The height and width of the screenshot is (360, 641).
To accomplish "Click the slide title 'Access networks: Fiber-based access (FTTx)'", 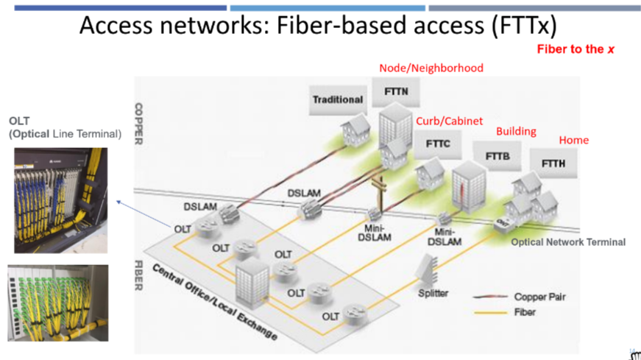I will tap(319, 27).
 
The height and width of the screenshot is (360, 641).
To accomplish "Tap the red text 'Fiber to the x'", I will tap(575, 49).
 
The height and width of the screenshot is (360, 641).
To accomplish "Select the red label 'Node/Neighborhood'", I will tap(431, 68).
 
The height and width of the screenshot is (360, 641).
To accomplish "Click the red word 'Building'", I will tap(516, 131).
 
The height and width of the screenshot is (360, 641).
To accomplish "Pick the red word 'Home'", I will tap(574, 140).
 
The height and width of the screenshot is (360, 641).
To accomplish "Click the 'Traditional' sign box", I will tap(338, 99).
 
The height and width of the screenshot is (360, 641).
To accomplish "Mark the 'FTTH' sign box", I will tap(553, 163).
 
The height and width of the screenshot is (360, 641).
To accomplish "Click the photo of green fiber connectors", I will tap(58, 303).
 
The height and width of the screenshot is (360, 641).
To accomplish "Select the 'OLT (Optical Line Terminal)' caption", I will tap(65, 127).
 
